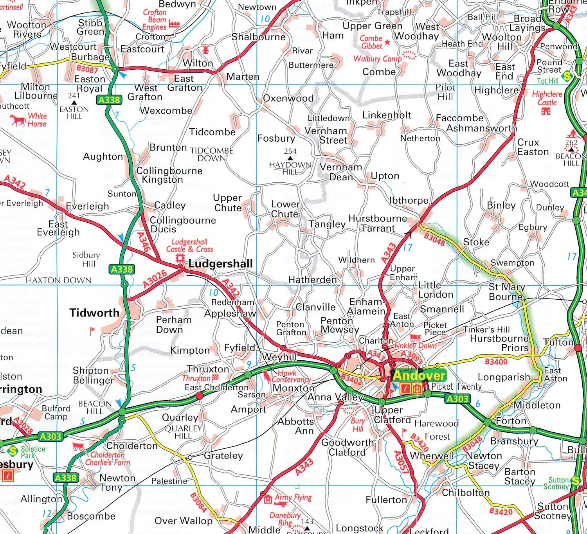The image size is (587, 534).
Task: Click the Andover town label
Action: (419, 376)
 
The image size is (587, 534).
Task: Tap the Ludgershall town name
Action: (220, 264)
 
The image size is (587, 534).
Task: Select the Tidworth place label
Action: (94, 313)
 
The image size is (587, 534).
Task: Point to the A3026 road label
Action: (155, 279)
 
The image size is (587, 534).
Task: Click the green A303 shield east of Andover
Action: (457, 399)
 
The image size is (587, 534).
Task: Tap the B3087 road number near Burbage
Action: (87, 70)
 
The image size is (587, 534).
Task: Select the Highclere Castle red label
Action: (547, 98)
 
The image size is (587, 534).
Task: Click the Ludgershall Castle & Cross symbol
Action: (180, 258)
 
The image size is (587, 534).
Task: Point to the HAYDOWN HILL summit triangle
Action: (290, 158)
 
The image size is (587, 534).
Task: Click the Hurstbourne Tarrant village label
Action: (378, 223)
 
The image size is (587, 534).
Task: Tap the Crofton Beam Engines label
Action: (155, 20)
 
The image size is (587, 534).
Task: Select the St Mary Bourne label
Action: (507, 292)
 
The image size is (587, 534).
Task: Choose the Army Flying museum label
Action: (293, 498)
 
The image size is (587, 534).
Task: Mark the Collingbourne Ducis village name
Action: (183, 225)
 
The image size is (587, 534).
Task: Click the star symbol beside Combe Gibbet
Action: (387, 42)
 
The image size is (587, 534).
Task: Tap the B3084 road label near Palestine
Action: (198, 502)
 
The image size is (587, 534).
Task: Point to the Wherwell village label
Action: (432, 456)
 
